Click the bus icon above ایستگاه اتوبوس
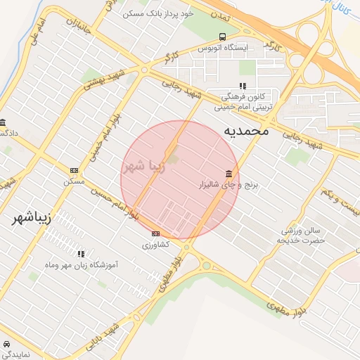[x=222, y=37]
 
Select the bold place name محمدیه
[x=247, y=131]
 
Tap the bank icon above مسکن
[x=74, y=171]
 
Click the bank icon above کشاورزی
[x=155, y=233]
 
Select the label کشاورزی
[x=155, y=245]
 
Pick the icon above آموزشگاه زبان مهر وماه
[x=82, y=253]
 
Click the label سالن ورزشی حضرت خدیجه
[x=302, y=235]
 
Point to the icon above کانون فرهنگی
[x=242, y=86]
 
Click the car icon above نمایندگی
[x=6, y=345]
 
